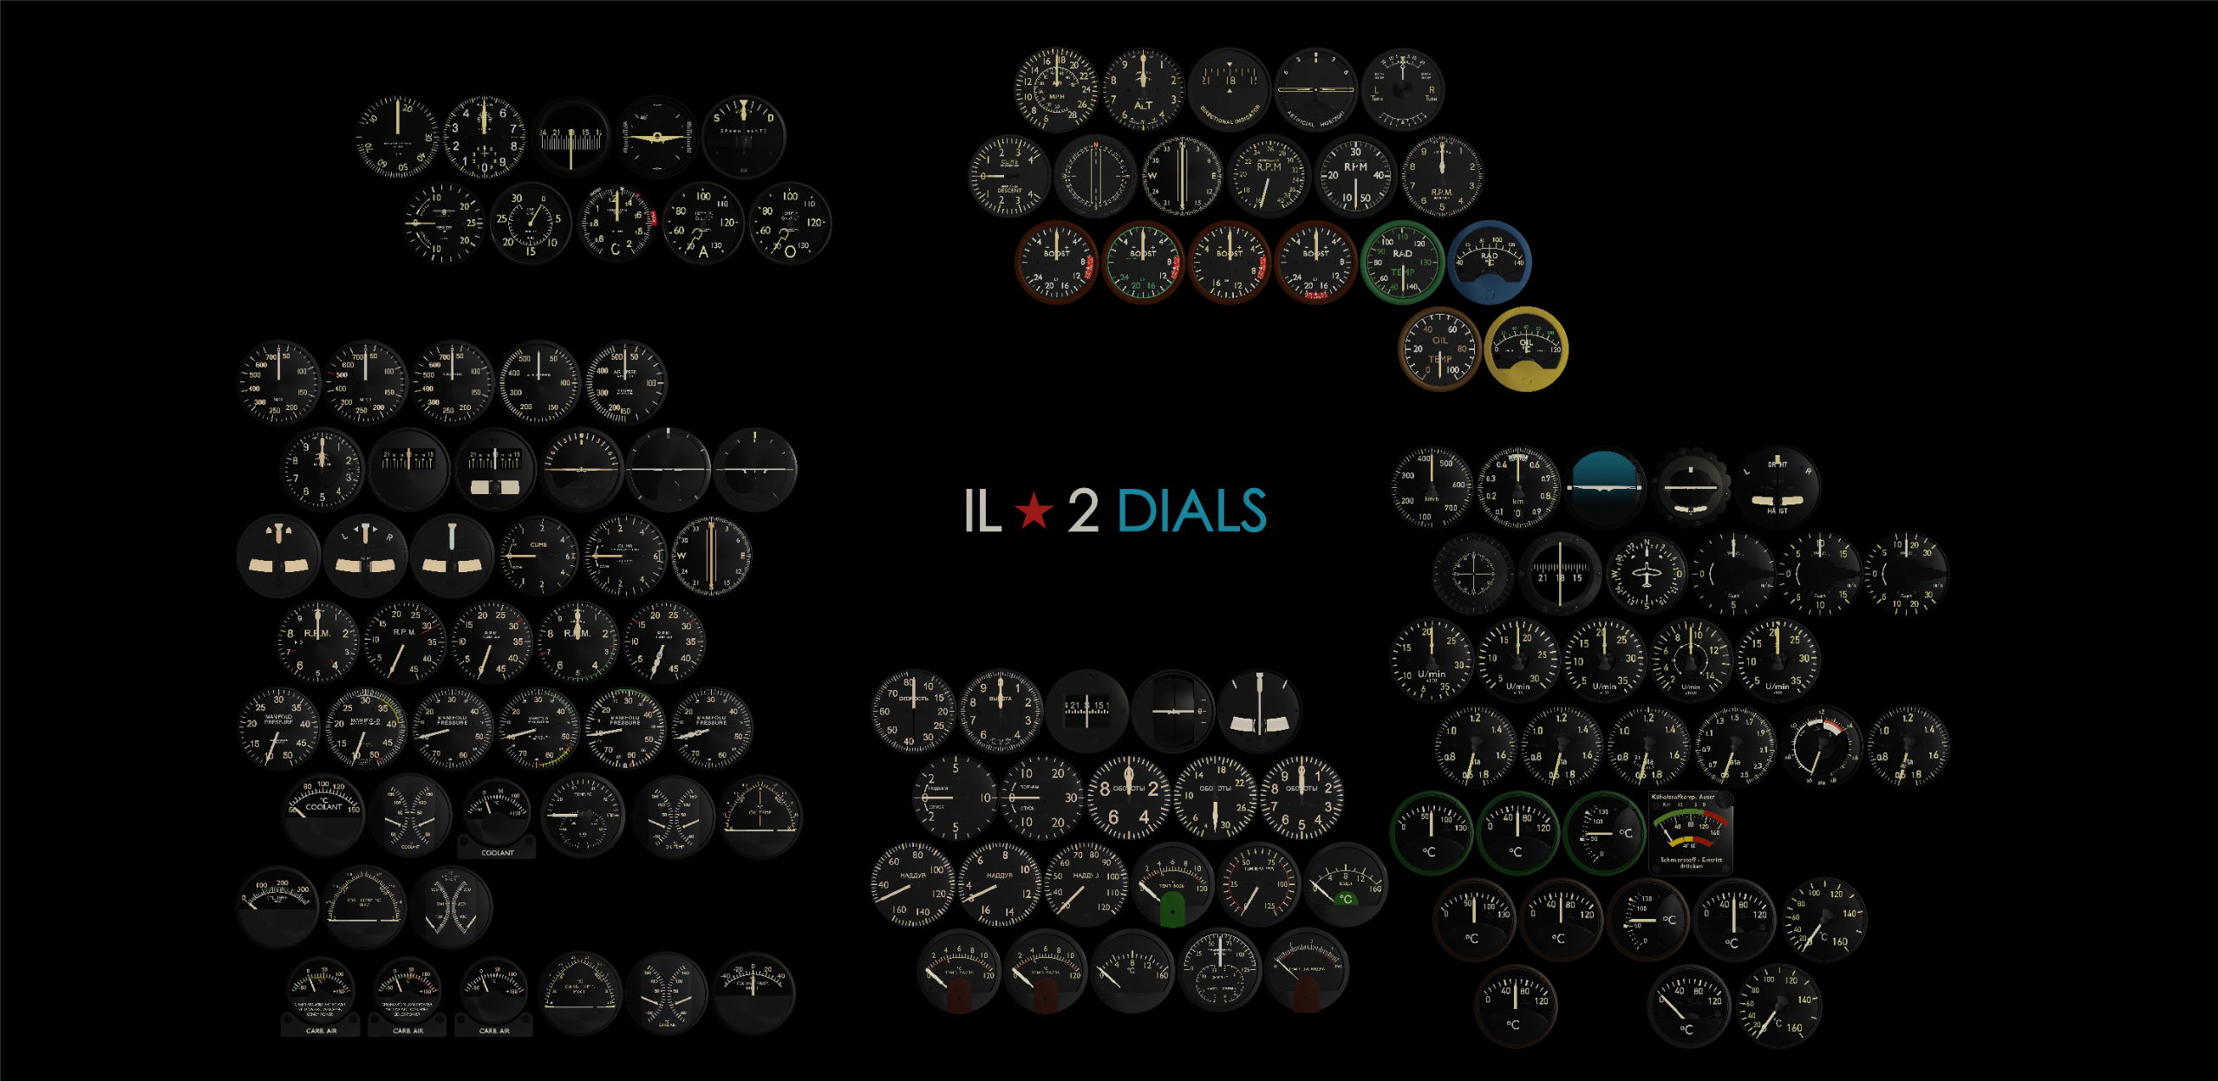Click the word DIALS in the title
point(1191,511)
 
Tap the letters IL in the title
point(982,511)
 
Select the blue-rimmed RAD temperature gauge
point(1489,263)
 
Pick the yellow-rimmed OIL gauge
point(1526,349)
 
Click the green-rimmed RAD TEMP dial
point(1403,263)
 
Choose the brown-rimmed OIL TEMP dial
point(1439,349)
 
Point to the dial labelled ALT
point(1143,89)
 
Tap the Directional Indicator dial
point(1230,89)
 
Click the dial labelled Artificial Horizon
point(1316,89)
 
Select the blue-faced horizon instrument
point(1605,486)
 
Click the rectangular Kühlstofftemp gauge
point(1690,830)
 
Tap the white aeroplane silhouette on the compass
point(1646,573)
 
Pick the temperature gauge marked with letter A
point(703,224)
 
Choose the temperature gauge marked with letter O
point(790,224)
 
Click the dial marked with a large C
point(616,224)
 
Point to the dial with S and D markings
point(743,137)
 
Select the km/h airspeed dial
point(1432,486)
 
